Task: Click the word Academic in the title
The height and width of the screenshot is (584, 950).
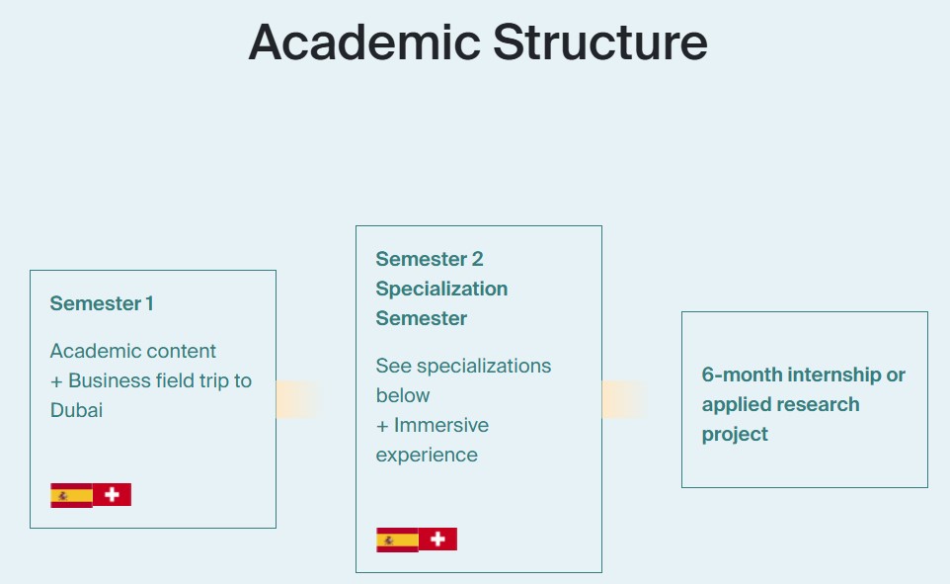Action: pos(364,42)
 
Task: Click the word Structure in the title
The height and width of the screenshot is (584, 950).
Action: pos(599,42)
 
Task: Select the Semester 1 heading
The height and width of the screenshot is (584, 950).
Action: pos(102,303)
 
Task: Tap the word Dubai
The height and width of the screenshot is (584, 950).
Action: pos(76,410)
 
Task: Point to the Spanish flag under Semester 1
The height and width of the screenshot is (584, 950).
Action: pos(71,495)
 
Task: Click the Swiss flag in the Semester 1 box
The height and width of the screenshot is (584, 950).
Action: pos(113,495)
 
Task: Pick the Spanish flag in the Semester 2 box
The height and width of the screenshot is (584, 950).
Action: pos(397,540)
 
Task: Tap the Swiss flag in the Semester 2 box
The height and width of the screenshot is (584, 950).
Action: pos(438,540)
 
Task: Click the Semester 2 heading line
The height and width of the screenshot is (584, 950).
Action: pos(430,259)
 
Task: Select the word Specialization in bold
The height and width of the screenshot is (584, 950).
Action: pos(441,289)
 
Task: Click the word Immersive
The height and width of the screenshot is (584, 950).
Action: pos(441,425)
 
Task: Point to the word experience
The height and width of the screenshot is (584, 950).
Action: pos(427,456)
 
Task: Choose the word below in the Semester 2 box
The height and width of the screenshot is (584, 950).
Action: pos(403,395)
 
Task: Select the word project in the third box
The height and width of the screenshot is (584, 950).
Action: pos(735,435)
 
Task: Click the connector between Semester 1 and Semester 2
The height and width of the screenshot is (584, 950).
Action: pos(298,399)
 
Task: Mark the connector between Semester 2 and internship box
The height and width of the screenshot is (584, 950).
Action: pos(624,399)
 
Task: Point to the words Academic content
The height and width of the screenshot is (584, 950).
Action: pos(132,351)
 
